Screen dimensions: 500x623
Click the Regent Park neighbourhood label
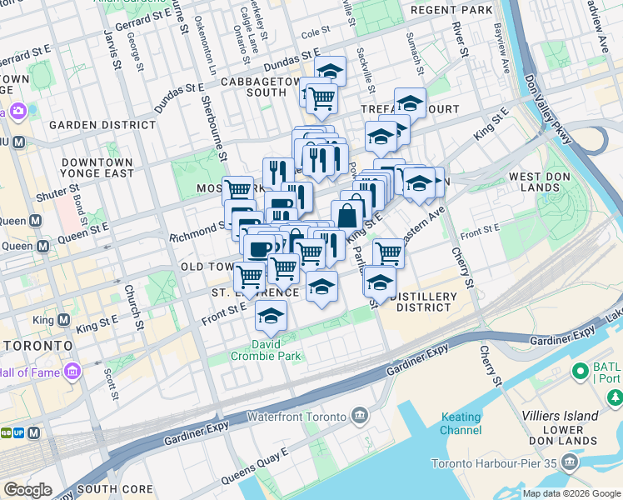pos(451,11)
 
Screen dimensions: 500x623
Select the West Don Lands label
pos(546,182)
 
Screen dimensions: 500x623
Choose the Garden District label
pos(102,125)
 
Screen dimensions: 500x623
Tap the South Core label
pos(117,489)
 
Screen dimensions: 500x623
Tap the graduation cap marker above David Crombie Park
pos(271,317)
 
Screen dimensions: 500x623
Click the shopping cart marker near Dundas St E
pos(321,99)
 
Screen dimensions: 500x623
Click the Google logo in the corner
pos(27,490)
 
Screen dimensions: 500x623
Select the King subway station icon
pos(63,321)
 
